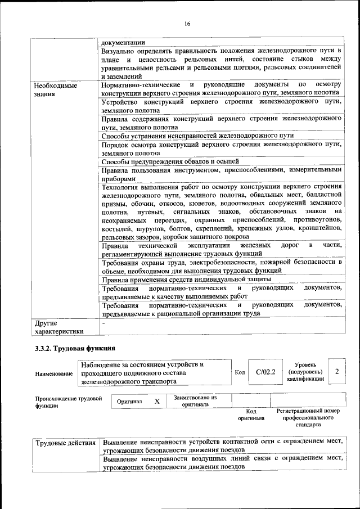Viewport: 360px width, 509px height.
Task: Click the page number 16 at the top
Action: [x=188, y=23]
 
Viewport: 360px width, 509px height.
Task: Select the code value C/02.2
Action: [x=265, y=372]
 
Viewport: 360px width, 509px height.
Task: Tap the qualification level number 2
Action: [x=336, y=372]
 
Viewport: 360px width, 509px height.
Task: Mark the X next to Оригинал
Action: [x=157, y=402]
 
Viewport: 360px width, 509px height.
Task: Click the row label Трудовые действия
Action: [x=65, y=443]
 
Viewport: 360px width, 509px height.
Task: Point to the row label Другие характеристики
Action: [x=58, y=327]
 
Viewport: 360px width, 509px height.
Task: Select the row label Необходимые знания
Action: [x=55, y=89]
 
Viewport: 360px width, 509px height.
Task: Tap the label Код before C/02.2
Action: [x=239, y=372]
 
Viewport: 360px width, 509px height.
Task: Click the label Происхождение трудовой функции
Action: [x=68, y=402]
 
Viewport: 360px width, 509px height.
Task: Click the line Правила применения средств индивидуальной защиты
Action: [x=186, y=279]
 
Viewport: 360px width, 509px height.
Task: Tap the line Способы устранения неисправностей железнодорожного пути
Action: [x=197, y=136]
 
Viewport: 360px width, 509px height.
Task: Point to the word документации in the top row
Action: [x=123, y=42]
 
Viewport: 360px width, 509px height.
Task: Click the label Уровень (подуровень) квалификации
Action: [x=305, y=372]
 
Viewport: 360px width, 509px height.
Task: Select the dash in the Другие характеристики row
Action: [x=103, y=323]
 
